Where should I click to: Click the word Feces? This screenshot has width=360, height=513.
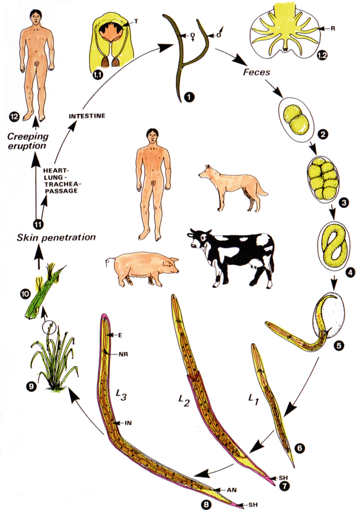tap(256, 71)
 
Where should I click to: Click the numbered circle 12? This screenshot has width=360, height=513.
tap(14, 116)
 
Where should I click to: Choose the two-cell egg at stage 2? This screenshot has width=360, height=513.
tap(296, 120)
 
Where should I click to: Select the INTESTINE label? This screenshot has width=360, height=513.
tap(87, 116)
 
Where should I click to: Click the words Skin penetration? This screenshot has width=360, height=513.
tap(56, 237)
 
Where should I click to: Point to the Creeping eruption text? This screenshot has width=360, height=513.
tap(28, 141)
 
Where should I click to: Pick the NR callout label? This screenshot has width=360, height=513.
tap(124, 354)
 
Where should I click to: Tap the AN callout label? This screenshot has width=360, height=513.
tap(232, 490)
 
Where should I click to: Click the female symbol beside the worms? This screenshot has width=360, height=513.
tap(193, 36)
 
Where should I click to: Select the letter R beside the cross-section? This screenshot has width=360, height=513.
tap(333, 28)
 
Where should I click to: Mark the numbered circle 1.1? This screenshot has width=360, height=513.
tap(97, 75)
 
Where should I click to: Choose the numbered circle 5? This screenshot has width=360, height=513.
tap(338, 345)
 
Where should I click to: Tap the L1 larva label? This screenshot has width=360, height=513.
tap(253, 399)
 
